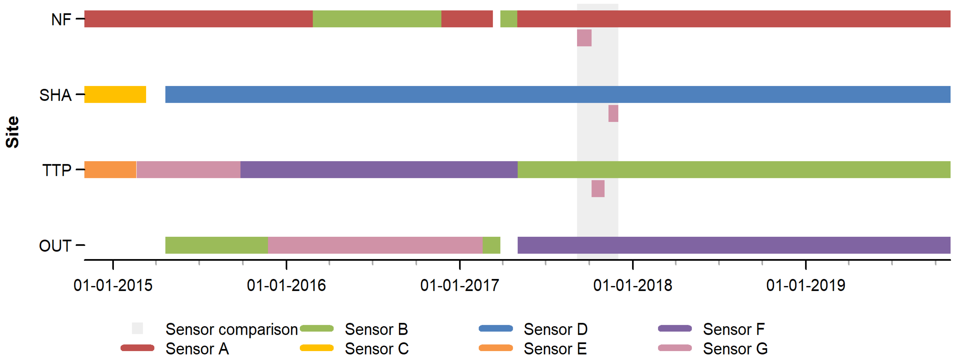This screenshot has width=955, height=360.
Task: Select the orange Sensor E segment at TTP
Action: coord(110,170)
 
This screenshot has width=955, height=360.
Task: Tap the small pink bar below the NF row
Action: coord(584,38)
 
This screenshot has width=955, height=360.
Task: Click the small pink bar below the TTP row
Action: coord(597,189)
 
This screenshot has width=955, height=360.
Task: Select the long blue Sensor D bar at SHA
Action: coord(556,95)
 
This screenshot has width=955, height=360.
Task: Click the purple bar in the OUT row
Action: coord(734,245)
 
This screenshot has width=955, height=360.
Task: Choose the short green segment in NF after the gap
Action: coord(508,19)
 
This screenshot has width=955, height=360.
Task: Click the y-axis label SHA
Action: coord(55,95)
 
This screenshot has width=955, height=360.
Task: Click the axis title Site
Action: coord(12,132)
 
